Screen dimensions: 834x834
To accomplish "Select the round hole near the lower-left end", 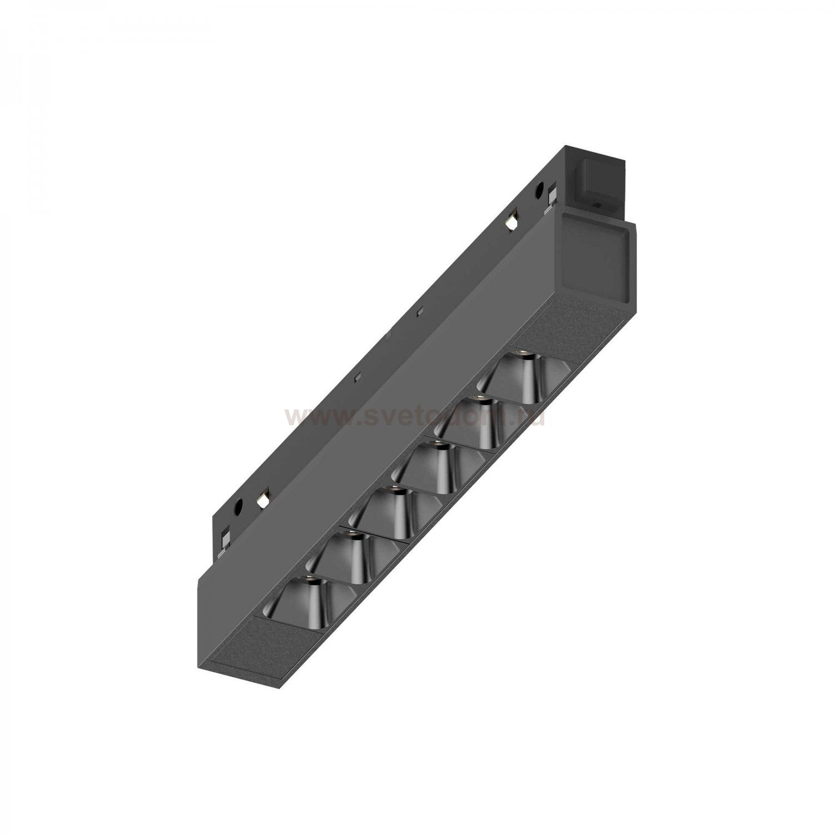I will tap(239, 506).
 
